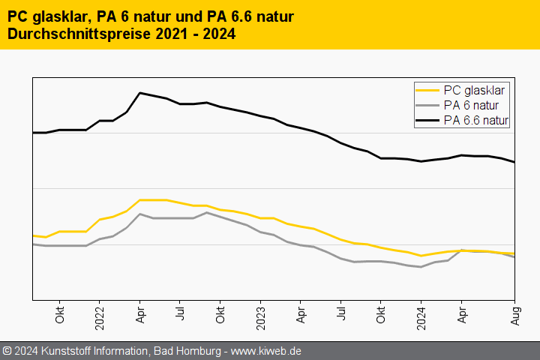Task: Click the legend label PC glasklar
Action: (474, 89)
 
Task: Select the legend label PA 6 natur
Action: (471, 105)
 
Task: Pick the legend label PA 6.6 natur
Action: (476, 120)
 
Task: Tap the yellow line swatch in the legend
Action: (427, 90)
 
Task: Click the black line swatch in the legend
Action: (427, 120)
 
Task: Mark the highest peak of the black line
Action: (140, 93)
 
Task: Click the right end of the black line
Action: (514, 162)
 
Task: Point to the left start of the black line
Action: (33, 133)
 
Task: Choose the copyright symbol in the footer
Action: (7, 351)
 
